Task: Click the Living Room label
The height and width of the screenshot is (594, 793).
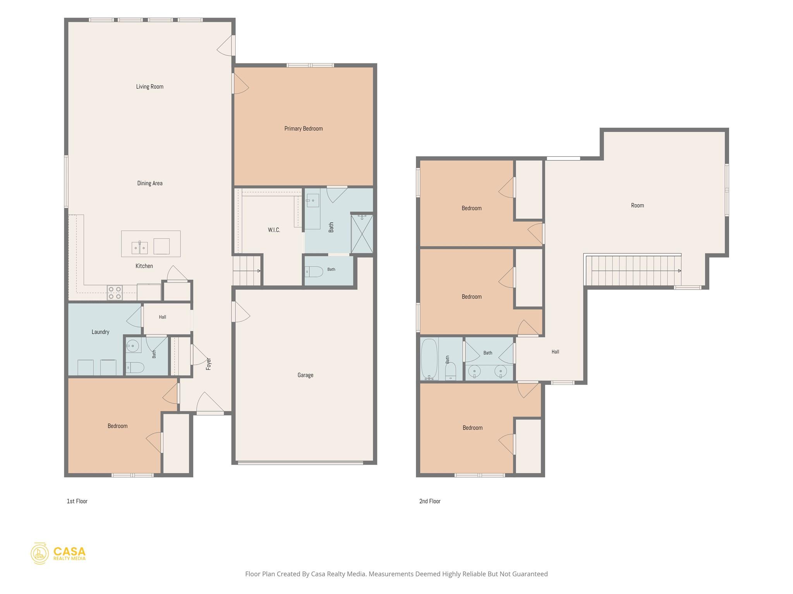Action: point(149,87)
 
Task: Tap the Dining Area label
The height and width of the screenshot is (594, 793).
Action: point(149,183)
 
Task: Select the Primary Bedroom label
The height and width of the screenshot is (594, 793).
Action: point(303,129)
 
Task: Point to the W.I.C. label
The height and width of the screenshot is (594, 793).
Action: point(274,230)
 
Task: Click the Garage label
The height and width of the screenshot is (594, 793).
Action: point(305,375)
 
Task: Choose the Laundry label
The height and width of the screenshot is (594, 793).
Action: point(100,332)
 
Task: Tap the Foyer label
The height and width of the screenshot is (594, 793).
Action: point(209,364)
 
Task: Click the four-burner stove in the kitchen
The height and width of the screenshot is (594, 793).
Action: point(115,293)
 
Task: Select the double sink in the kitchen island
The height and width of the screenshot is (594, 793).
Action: point(139,247)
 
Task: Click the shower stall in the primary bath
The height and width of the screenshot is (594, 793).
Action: point(362,234)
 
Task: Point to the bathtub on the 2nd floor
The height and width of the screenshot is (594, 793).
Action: point(429,359)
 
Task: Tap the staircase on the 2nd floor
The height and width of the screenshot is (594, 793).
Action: point(633,270)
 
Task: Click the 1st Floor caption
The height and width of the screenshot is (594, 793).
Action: point(77,501)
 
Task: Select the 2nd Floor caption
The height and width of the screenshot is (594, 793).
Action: point(430,501)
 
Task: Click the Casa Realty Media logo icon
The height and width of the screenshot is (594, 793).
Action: point(39,553)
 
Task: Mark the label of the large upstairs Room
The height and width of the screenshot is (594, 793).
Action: point(637,205)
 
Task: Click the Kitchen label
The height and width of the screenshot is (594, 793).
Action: point(144,266)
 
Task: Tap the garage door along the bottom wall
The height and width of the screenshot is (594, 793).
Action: point(300,463)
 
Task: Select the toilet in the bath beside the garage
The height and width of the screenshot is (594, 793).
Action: point(314,271)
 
